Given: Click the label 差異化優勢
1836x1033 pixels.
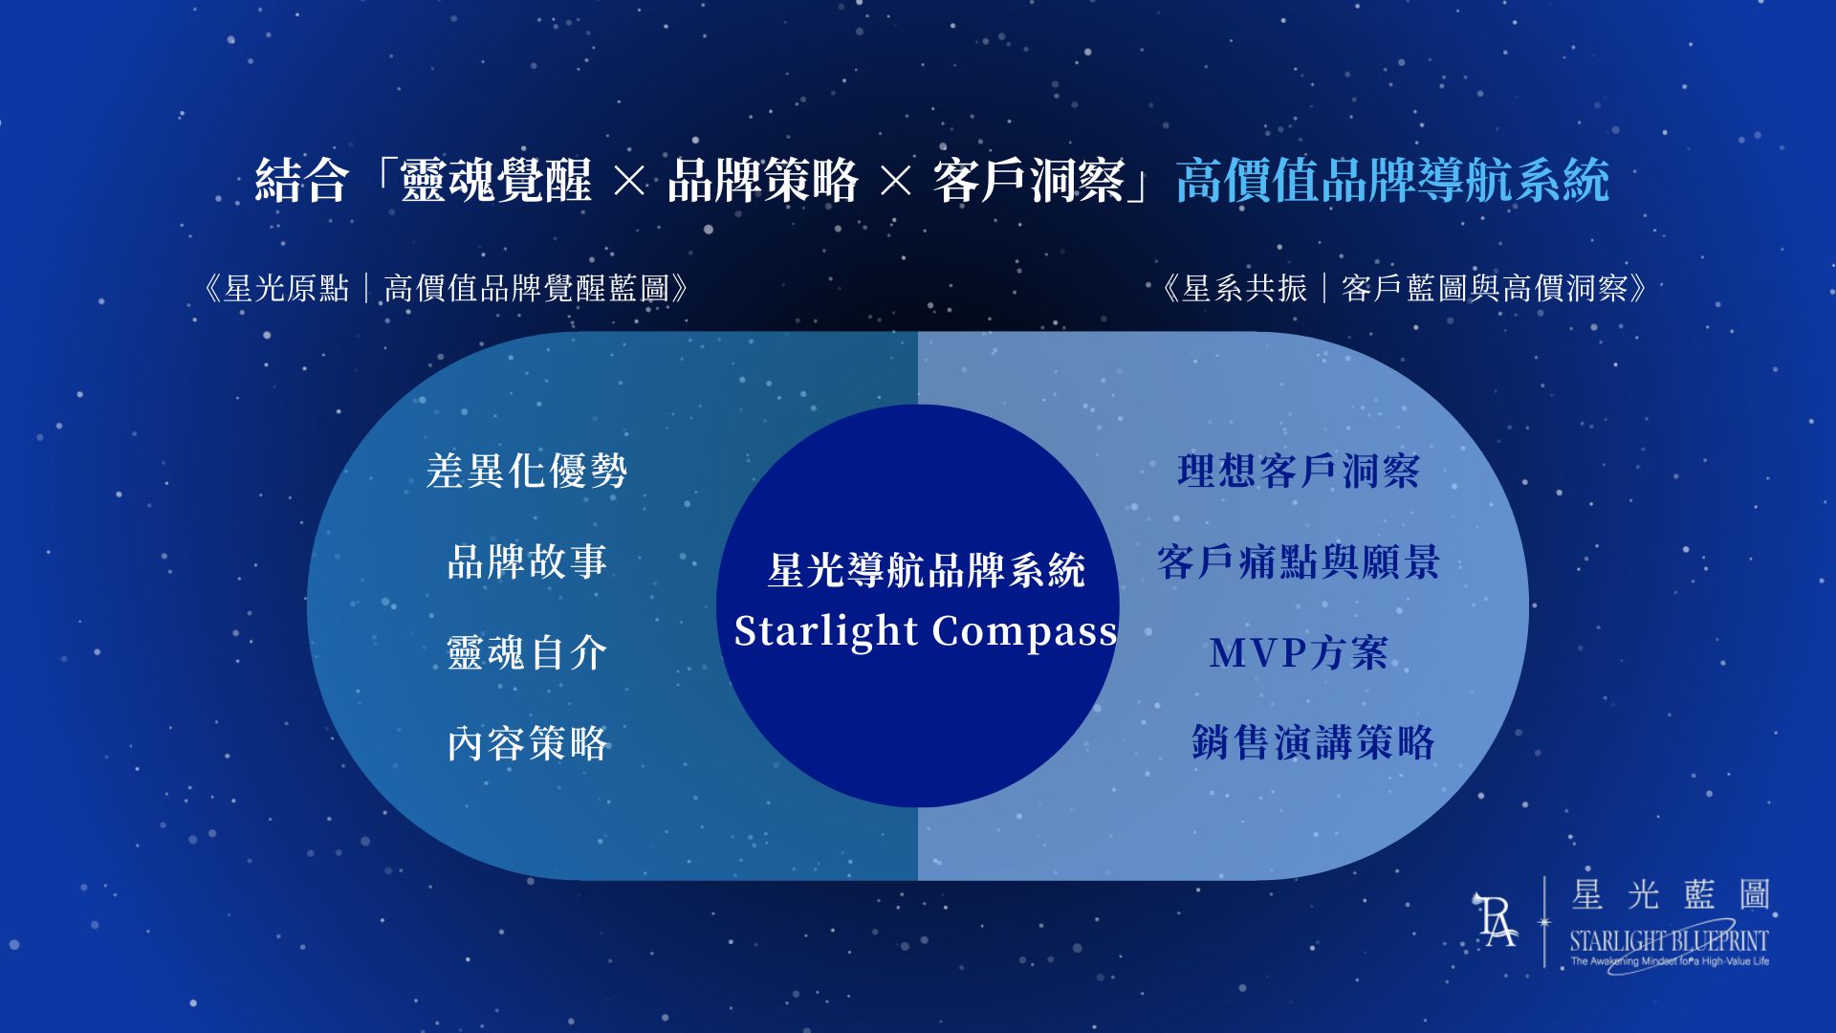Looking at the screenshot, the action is (x=527, y=471).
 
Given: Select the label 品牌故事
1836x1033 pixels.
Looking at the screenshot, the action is (x=527, y=561).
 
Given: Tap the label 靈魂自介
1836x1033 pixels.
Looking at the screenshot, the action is (x=527, y=652).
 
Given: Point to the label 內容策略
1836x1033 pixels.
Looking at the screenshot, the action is (x=527, y=743).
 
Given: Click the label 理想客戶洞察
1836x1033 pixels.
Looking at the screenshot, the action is (x=1299, y=471).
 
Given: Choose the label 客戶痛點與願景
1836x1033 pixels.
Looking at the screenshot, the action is (x=1299, y=561).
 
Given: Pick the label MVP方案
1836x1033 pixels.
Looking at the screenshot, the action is (x=1299, y=652).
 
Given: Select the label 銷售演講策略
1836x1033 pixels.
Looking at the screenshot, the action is (x=1313, y=742).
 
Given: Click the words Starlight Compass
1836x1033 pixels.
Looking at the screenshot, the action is (x=926, y=631).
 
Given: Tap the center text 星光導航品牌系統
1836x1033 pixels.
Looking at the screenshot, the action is (x=926, y=570).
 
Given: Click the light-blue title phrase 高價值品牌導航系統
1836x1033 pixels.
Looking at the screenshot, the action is (x=1392, y=180).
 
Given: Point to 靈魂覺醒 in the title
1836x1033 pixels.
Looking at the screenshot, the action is (x=495, y=180).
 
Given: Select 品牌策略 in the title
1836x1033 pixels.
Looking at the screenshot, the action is (x=762, y=180).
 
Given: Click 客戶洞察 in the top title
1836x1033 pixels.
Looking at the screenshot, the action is (x=1028, y=180).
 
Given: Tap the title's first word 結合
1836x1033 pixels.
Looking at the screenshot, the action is (x=300, y=180).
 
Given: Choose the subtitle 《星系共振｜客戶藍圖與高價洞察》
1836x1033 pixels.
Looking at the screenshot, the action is (x=1404, y=288).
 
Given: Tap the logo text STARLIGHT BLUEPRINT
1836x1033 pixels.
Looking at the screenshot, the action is (x=1669, y=941).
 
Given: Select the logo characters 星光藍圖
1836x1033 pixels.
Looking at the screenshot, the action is (x=1671, y=895).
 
